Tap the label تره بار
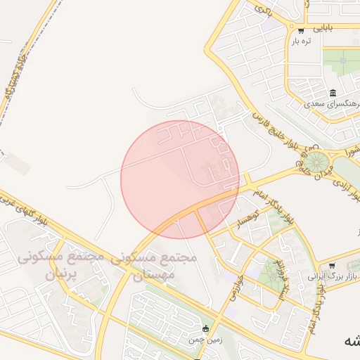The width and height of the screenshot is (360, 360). [302, 41]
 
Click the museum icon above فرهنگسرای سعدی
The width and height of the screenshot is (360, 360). [333, 93]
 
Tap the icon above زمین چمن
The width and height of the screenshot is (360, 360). [205, 328]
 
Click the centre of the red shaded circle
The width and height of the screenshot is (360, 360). [180, 179]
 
